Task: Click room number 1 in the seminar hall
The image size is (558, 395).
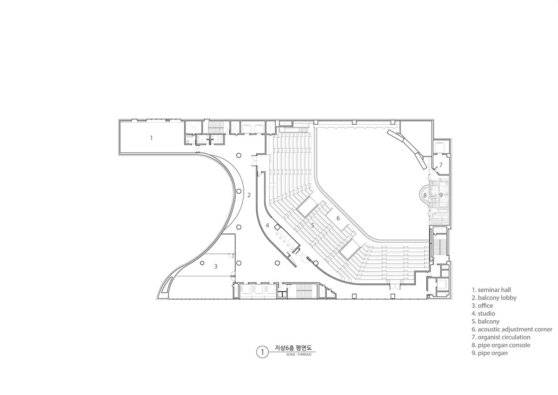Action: click(151, 138)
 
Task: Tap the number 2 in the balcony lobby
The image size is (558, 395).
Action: click(249, 195)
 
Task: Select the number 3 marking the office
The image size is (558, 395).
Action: click(216, 267)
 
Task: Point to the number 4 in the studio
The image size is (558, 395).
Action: click(267, 226)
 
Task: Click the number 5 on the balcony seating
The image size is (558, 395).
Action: click(312, 226)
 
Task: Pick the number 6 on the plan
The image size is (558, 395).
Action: click(338, 218)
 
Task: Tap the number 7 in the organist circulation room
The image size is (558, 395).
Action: click(441, 165)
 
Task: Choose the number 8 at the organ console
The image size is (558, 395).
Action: click(425, 195)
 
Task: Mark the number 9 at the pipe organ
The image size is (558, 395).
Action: click(441, 195)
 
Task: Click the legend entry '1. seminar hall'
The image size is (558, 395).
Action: click(491, 290)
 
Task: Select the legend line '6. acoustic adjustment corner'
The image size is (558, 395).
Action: click(512, 329)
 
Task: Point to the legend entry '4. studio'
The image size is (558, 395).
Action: click(483, 314)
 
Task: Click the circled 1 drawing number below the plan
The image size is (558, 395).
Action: click(262, 352)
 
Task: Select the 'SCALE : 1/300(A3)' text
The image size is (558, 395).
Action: click(299, 355)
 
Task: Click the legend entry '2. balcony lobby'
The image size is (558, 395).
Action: click(494, 298)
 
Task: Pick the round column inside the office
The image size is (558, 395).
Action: click(202, 263)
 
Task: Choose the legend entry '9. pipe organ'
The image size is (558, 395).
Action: click(490, 353)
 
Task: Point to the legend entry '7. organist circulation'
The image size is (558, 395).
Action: click(501, 337)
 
